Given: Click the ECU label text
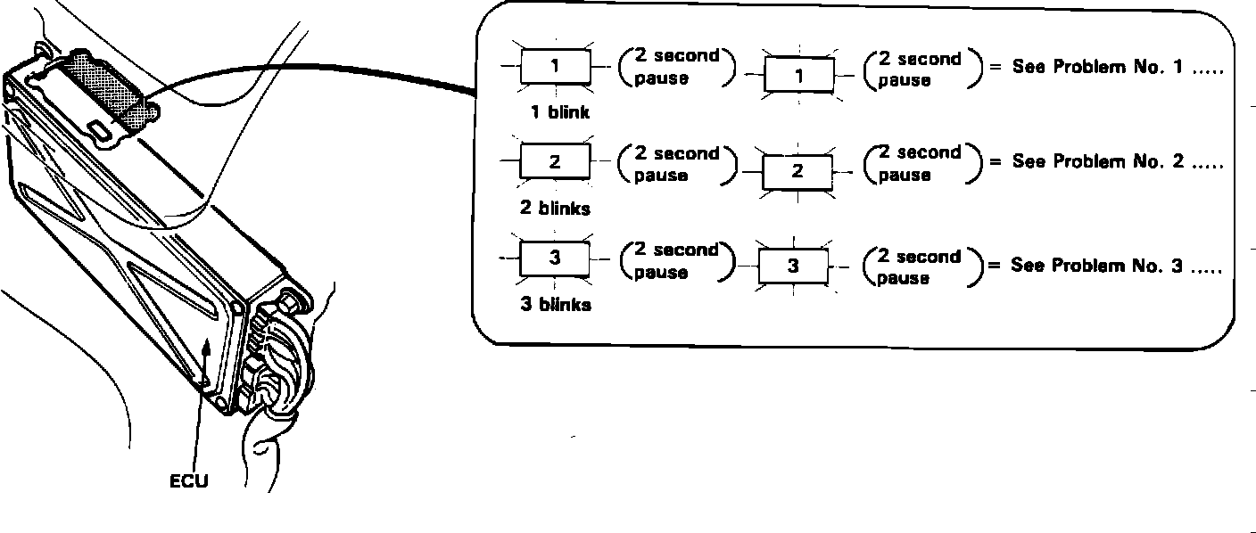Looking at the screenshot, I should click(x=188, y=481).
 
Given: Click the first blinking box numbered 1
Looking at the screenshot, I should click(x=555, y=65).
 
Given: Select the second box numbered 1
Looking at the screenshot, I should click(x=798, y=75).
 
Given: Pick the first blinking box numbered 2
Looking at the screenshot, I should click(x=555, y=161).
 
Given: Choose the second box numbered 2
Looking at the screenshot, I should click(x=797, y=171).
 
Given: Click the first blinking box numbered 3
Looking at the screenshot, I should click(x=555, y=258).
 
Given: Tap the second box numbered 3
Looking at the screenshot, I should click(x=793, y=266).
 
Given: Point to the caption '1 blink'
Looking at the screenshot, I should click(x=559, y=113).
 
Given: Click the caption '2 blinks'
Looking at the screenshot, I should click(x=555, y=209).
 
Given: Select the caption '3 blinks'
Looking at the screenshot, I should click(x=555, y=305).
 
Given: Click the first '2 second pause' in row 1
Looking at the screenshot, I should click(x=675, y=67).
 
